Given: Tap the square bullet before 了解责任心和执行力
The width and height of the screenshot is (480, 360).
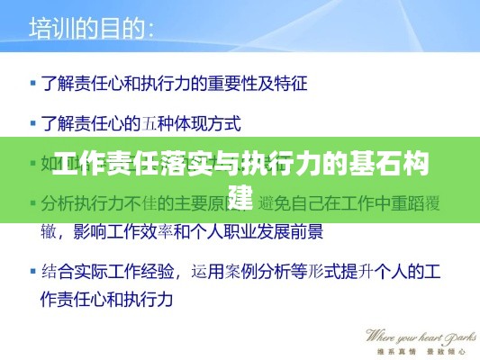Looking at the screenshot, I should click(33, 85).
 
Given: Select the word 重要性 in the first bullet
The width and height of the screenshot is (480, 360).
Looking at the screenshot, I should click(232, 85).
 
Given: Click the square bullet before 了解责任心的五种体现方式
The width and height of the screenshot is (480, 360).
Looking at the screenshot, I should click(33, 121).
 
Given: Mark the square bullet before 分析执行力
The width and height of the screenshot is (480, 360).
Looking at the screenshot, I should click(33, 202).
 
